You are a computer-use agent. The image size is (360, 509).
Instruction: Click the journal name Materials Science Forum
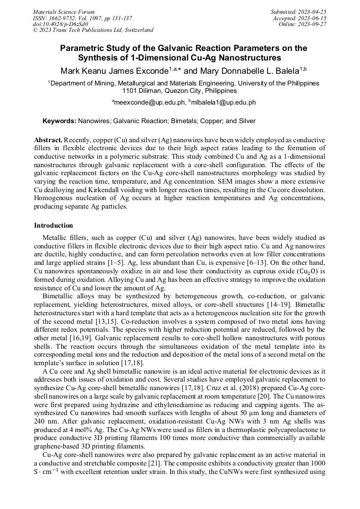click(64, 11)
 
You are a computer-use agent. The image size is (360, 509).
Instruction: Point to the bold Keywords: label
click(59, 121)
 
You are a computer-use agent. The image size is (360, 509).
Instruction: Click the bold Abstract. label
click(48, 139)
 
